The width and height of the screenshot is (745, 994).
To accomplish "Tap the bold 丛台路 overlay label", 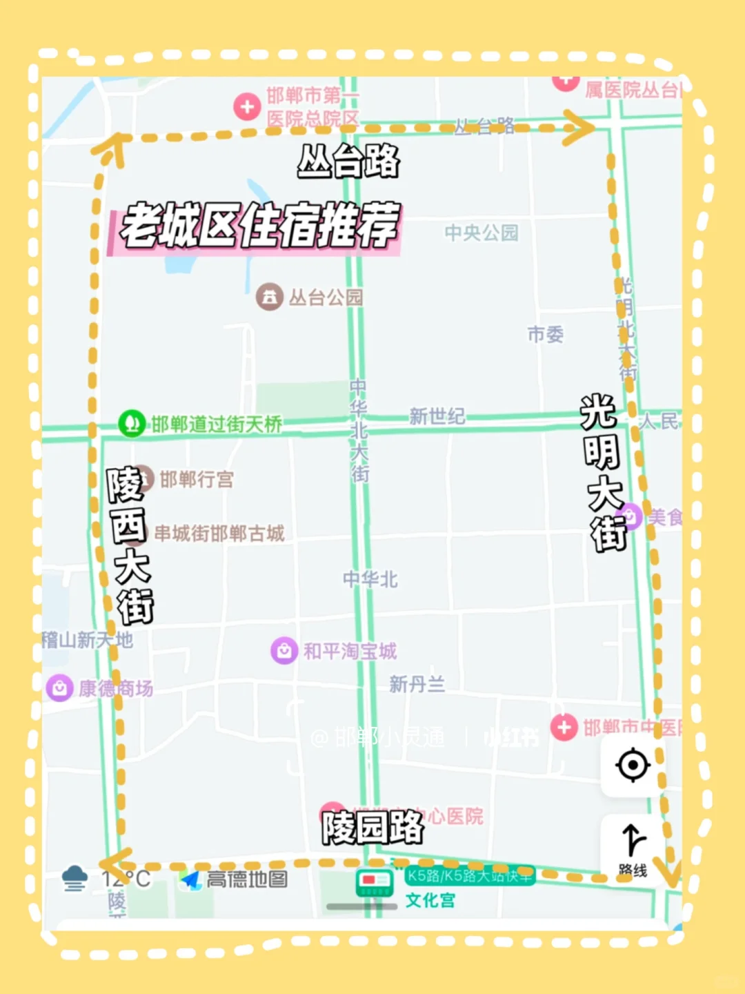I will [x=348, y=162].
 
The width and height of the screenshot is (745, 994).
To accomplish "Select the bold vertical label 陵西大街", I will [x=130, y=545].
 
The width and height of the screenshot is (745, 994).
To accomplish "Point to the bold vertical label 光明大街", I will [x=603, y=473].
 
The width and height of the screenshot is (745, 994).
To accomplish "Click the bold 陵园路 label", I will [x=372, y=827].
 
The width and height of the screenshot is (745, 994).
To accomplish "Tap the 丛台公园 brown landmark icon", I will [x=269, y=298].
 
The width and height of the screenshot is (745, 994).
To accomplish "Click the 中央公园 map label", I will [x=481, y=233].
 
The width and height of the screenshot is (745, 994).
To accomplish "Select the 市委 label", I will [x=545, y=335].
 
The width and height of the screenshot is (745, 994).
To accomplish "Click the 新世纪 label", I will [x=437, y=416].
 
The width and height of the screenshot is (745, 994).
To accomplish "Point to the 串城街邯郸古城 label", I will [x=219, y=534].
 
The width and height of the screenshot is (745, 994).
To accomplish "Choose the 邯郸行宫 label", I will [x=197, y=479].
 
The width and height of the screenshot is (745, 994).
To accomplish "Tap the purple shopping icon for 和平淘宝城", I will [x=284, y=650].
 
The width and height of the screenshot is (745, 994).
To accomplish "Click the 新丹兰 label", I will [x=417, y=684].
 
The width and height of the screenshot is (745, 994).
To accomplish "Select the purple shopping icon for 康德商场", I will [x=60, y=688].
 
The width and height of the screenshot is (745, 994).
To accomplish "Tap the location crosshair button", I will [x=633, y=765].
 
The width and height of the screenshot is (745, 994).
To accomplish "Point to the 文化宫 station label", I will [x=430, y=900].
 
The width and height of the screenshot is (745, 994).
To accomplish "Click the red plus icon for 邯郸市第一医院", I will [x=246, y=107].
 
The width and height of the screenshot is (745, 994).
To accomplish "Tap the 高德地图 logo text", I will [x=246, y=879].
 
